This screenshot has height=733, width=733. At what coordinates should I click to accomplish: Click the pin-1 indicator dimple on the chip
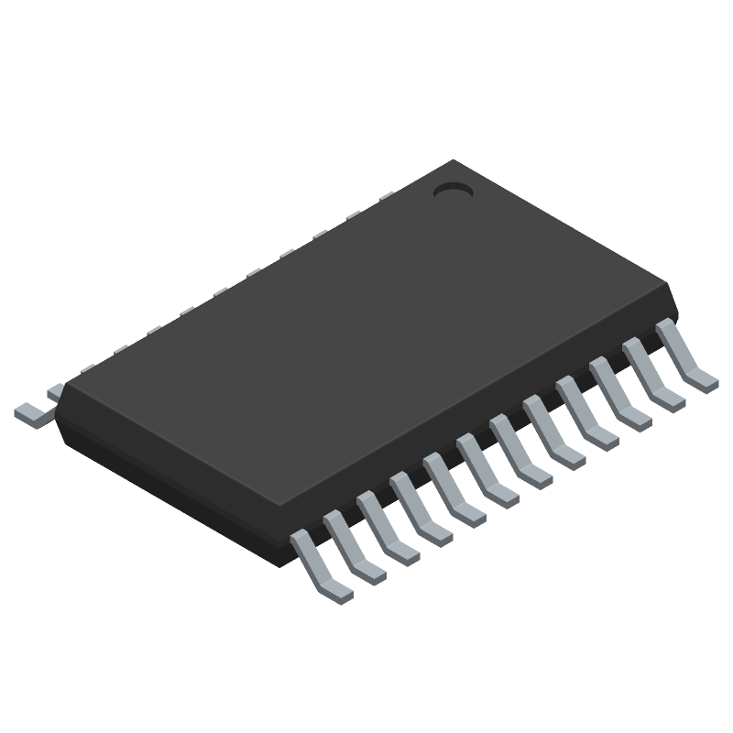coord(452,191)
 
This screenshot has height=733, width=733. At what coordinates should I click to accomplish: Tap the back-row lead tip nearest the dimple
coord(386,195)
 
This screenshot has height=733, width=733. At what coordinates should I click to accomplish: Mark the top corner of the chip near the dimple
coord(452,161)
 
